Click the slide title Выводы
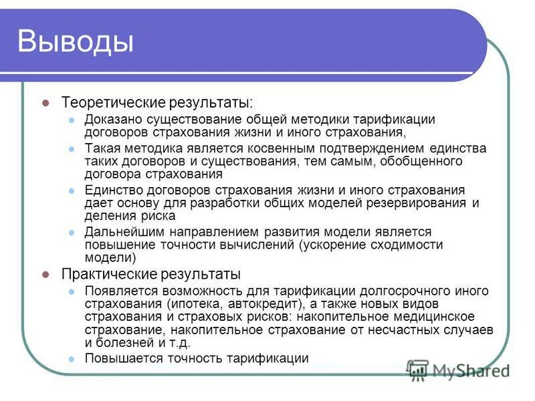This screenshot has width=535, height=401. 75,41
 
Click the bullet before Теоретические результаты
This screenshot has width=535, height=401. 46,103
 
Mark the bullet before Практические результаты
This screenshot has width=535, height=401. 46,274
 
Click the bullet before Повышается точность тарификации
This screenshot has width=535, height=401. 72,358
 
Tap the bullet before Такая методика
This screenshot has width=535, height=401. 72,148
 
